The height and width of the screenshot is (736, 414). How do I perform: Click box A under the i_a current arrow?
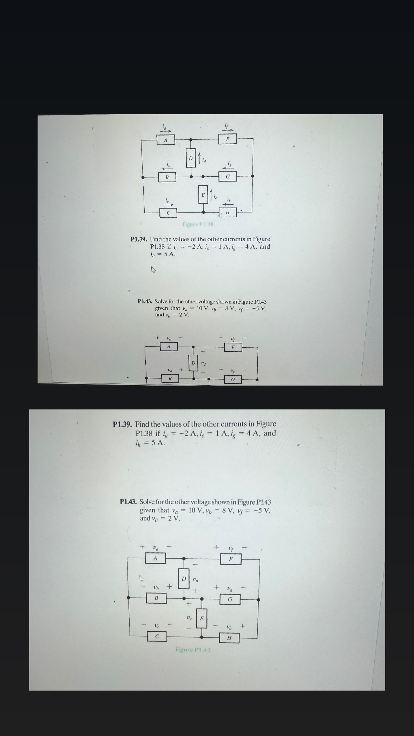click(165, 140)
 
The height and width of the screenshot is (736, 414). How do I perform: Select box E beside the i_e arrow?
click(203, 194)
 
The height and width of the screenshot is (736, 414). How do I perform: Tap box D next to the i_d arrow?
click(190, 158)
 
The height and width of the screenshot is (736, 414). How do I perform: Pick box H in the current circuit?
click(227, 212)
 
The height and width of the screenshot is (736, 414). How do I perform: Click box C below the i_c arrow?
click(168, 212)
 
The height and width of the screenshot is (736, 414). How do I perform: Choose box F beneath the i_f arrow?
click(228, 139)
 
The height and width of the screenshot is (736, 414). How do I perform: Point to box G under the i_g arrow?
click(228, 176)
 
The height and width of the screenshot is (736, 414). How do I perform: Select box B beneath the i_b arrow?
click(167, 177)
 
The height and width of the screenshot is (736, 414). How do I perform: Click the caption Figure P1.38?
click(198, 224)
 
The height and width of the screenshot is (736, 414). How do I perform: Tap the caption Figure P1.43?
click(193, 650)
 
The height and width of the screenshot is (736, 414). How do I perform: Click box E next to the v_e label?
click(202, 618)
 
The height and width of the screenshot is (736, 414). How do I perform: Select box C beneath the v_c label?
click(157, 636)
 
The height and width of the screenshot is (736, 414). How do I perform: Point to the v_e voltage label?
click(189, 617)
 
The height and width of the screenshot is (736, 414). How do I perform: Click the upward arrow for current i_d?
click(199, 157)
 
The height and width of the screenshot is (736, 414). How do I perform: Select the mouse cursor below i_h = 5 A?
click(153, 270)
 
